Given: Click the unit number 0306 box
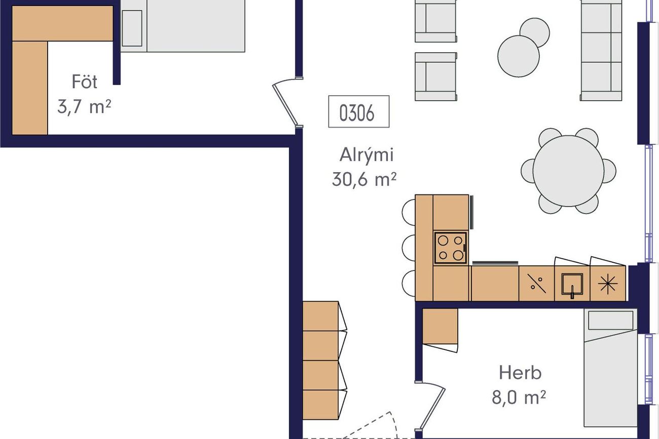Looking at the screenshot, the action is [358, 111].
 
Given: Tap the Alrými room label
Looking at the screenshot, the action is [367, 154].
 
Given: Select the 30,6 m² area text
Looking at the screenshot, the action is [364, 179].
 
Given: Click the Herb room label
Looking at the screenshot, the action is [520, 373].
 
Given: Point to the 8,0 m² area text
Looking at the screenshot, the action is [519, 397].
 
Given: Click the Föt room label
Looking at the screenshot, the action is [85, 82].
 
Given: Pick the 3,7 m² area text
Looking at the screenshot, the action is [84, 106].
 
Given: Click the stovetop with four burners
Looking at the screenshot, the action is [451, 248].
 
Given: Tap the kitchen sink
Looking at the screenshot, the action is [572, 284].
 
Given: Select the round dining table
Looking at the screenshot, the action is [568, 171].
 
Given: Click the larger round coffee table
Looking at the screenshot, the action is [519, 56].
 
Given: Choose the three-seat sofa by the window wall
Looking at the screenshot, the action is [601, 50].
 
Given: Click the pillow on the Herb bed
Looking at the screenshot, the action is [610, 321].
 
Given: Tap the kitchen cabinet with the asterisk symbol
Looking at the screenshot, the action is [608, 284].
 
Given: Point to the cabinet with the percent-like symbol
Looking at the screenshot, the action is [537, 284].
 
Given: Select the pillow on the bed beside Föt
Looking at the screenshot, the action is [132, 28].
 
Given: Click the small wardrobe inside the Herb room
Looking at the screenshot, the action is [440, 326].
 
